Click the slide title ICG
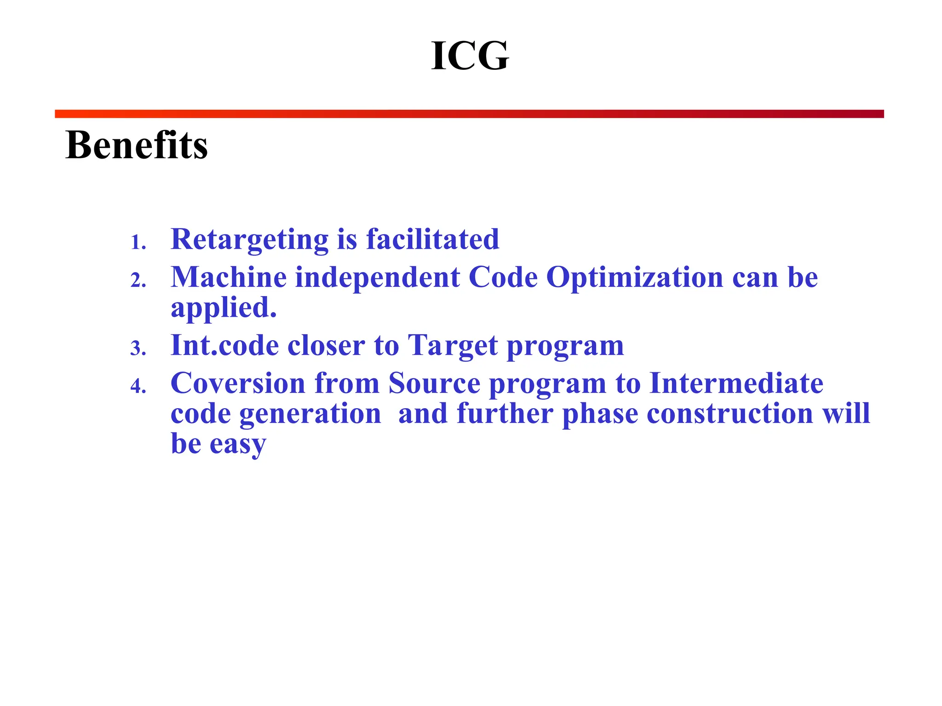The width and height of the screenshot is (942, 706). [x=470, y=56]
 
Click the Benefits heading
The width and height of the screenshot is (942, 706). [x=137, y=145]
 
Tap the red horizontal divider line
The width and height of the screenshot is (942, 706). [x=469, y=114]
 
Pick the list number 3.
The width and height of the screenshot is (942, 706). [x=138, y=348]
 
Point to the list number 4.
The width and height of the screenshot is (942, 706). [x=138, y=386]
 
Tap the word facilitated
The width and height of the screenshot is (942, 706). [x=432, y=239]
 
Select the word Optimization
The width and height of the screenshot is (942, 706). [x=635, y=278]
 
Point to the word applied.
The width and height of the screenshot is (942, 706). [x=224, y=308]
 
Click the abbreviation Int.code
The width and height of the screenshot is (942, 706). [x=224, y=345]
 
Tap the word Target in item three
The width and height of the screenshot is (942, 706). [x=453, y=346]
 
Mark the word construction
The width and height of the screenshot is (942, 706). [x=730, y=413]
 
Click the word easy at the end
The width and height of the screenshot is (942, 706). [x=238, y=444]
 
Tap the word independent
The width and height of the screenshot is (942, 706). [x=377, y=277]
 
